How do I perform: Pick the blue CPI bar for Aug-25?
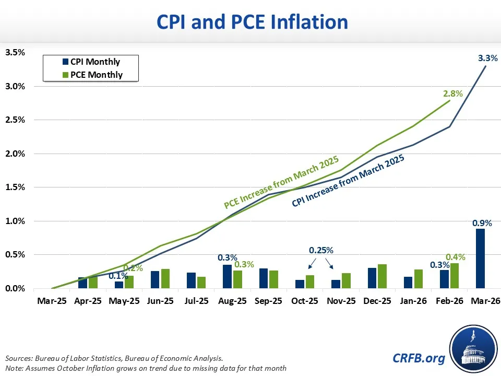pyautogui.click(x=228, y=276)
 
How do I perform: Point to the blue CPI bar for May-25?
pyautogui.click(x=119, y=285)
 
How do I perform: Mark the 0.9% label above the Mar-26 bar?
pyautogui.click(x=481, y=222)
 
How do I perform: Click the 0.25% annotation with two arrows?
pyautogui.click(x=321, y=250)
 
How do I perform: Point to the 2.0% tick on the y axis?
pyautogui.click(x=15, y=154)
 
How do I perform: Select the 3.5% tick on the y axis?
pyautogui.click(x=15, y=52)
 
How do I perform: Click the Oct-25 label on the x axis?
pyautogui.click(x=305, y=301)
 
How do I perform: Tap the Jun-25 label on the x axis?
pyautogui.click(x=160, y=301)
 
